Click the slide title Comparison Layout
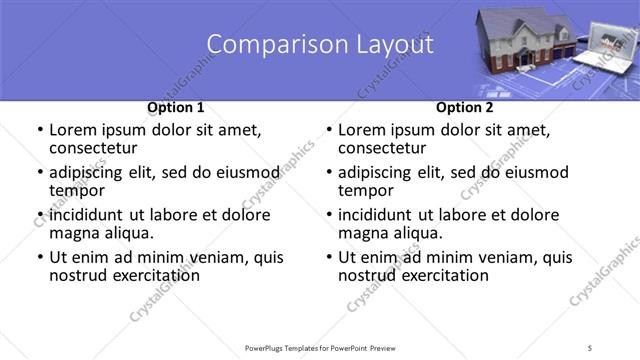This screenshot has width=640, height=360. click(x=320, y=45)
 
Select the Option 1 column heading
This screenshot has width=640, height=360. click(x=176, y=107)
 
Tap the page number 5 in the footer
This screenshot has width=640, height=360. click(x=592, y=347)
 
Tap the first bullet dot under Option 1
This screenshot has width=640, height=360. click(x=40, y=130)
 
